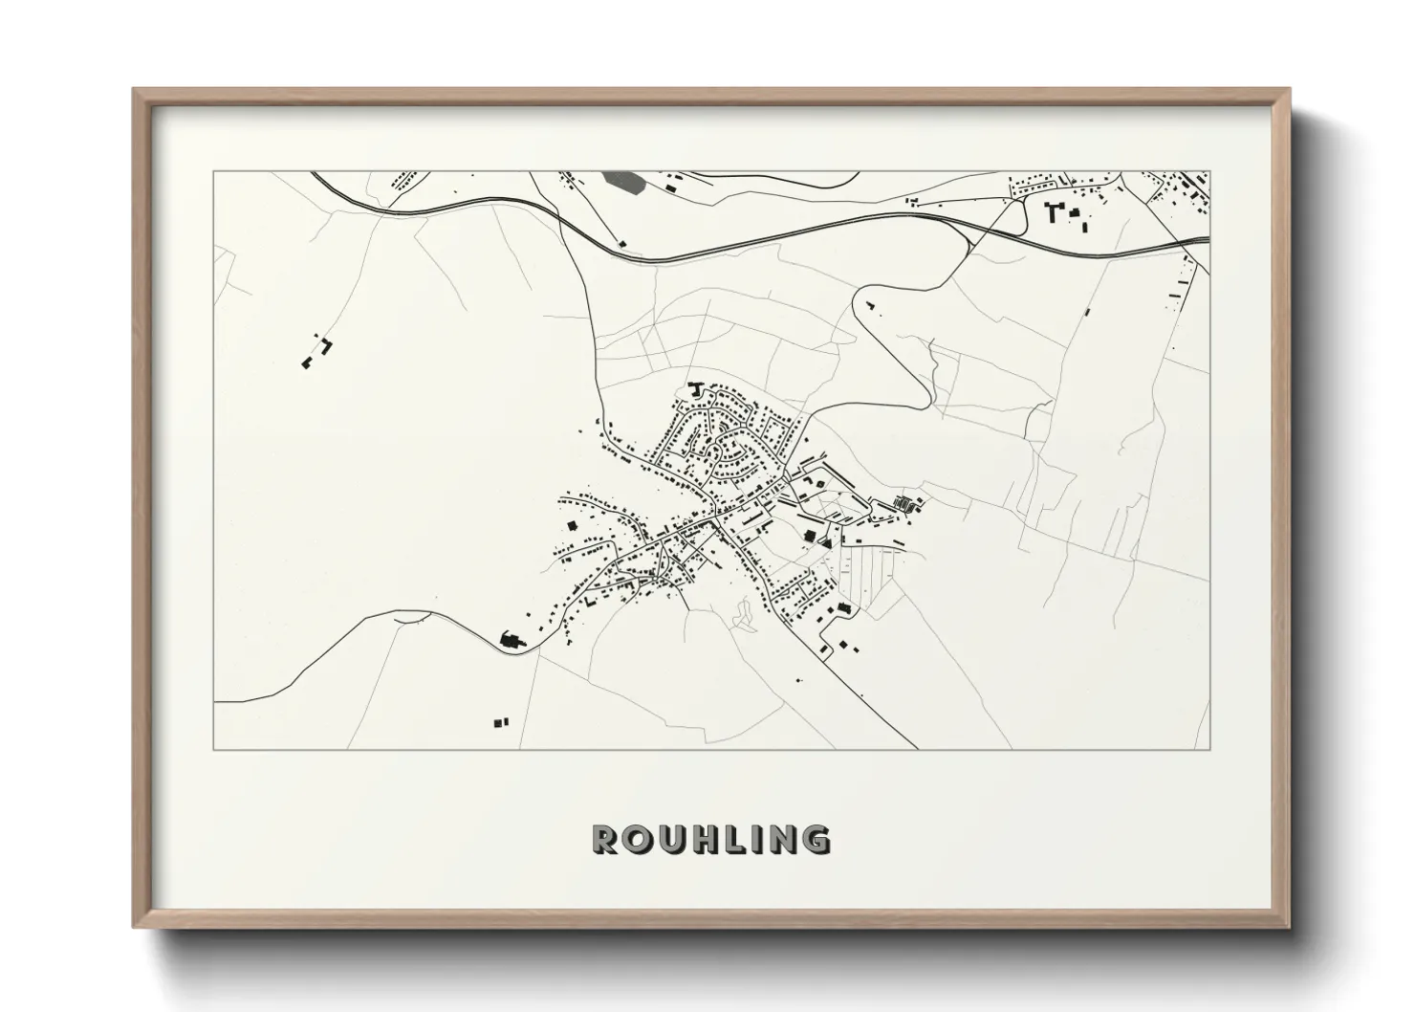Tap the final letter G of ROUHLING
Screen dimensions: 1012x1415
[x=816, y=839]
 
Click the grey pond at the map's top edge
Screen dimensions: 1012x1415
[x=622, y=181]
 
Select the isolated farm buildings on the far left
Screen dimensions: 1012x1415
[x=316, y=351]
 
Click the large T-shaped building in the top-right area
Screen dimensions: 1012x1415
[x=1055, y=210]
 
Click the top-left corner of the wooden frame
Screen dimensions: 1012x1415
[x=135, y=91]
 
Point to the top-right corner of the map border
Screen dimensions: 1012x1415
[x=1209, y=172]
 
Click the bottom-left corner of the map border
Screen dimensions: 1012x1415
[x=213, y=749]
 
